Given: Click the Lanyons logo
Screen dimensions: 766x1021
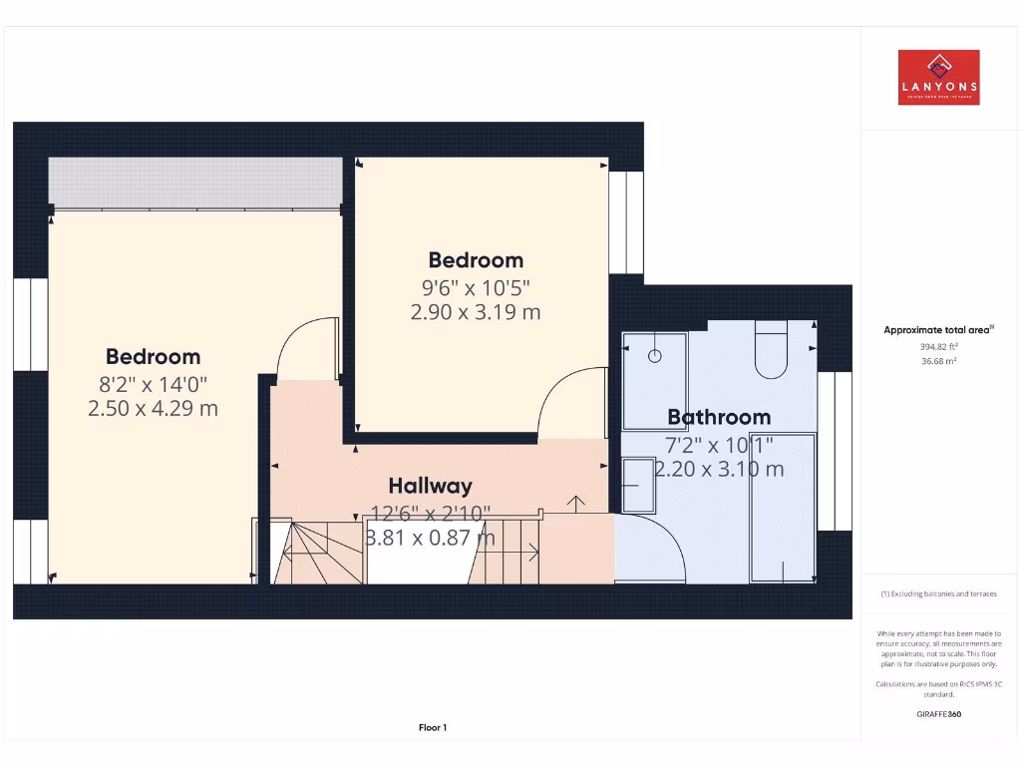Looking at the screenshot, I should [x=938, y=78].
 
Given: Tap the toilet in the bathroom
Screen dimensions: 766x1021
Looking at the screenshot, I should [x=772, y=350].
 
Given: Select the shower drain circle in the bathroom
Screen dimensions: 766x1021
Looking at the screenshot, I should [x=656, y=355].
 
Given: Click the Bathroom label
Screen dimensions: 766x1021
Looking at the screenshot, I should [x=719, y=417].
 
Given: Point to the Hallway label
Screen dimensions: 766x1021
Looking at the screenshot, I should [x=430, y=486].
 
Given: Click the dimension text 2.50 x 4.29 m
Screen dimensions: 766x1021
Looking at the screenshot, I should [x=153, y=408].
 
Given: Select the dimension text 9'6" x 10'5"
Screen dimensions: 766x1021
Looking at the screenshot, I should [x=475, y=287].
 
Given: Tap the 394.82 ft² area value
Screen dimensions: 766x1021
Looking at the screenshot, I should [x=937, y=347].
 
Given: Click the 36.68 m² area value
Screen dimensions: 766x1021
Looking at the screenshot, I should [x=937, y=361].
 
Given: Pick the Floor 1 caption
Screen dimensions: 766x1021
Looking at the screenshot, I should [x=433, y=728].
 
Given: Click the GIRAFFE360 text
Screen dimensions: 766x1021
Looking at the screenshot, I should [x=937, y=714].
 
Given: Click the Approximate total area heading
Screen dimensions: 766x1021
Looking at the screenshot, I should [x=938, y=330].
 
